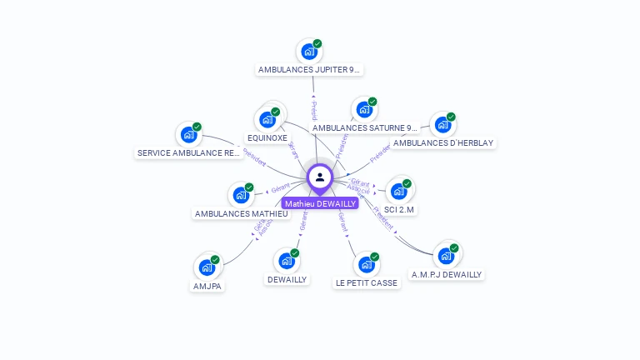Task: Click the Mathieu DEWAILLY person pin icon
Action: (x=320, y=177)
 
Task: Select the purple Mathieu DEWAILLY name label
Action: (x=320, y=203)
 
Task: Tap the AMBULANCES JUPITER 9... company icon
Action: (x=309, y=52)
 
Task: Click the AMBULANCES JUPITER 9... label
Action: (x=310, y=70)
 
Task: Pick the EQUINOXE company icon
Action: (x=267, y=119)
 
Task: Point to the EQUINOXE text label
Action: (x=267, y=137)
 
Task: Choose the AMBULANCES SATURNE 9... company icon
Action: (x=364, y=109)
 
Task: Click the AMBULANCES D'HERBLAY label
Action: (x=443, y=143)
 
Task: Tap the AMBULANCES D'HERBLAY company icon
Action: (x=442, y=125)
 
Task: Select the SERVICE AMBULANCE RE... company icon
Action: (x=189, y=135)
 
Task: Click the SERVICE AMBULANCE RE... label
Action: (x=189, y=153)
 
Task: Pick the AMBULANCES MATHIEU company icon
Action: (x=241, y=195)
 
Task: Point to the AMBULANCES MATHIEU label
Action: (x=241, y=214)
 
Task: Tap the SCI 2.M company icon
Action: (x=398, y=191)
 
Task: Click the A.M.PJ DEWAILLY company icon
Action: (x=446, y=255)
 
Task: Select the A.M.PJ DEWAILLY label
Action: (x=447, y=274)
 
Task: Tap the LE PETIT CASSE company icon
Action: (x=367, y=265)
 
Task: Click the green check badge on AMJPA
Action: (x=215, y=260)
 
